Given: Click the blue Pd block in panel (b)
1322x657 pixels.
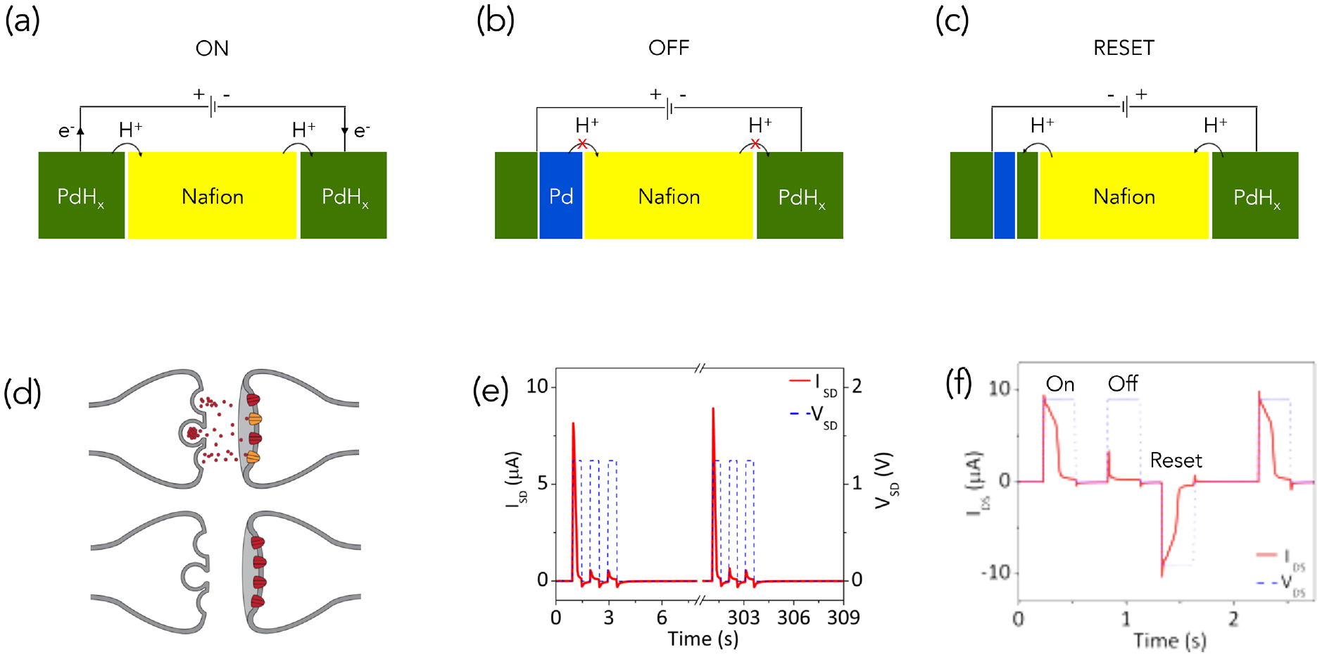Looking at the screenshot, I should [x=560, y=196].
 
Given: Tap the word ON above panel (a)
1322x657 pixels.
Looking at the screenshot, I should [x=212, y=49].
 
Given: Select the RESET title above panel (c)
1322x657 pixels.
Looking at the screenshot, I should [x=1123, y=48].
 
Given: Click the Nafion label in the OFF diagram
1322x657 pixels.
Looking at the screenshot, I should [x=669, y=196].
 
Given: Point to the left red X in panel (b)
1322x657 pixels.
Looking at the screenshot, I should [x=582, y=144].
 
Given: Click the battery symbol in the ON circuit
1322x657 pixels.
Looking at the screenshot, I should [x=213, y=107].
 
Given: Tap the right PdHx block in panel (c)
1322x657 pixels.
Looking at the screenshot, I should [x=1255, y=196].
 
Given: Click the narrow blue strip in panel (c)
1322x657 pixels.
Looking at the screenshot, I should [x=1004, y=196].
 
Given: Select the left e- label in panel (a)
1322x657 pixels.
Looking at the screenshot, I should [x=65, y=131].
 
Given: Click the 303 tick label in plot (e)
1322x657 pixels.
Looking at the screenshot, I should [x=743, y=618].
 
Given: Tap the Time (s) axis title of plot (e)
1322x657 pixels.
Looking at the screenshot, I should [x=703, y=639].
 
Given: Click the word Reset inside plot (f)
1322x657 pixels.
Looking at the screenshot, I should [x=1176, y=461].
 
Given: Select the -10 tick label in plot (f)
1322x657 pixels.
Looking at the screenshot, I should [x=995, y=572].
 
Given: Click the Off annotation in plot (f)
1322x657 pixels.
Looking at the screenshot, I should [x=1122, y=384].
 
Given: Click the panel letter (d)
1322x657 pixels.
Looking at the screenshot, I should [x=23, y=392].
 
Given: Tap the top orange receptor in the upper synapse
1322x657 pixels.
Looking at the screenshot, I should [x=255, y=419].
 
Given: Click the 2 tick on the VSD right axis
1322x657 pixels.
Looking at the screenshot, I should [x=857, y=386].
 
